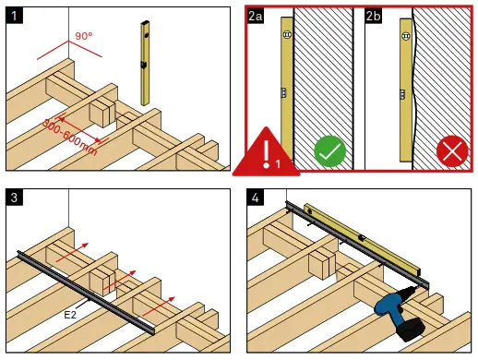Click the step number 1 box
14,16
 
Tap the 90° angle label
84,36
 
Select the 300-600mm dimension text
69,137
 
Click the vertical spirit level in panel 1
145,63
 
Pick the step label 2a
255,16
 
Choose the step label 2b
373,16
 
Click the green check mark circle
330,151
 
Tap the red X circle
452,151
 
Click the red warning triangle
266,152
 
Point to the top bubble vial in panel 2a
287,34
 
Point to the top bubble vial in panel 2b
406,36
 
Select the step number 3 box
14,198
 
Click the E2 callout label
70,315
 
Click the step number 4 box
255,198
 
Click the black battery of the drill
411,330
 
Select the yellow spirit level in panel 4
363,239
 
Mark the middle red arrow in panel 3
120,280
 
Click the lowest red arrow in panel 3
159,306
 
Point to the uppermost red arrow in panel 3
72,252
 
